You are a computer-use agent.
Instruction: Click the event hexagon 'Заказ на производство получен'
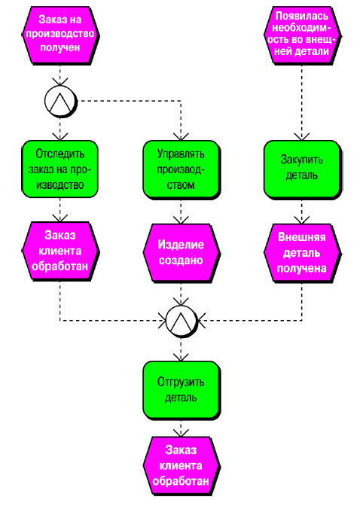(60, 35)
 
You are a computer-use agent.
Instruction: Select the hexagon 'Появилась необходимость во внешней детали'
(302, 35)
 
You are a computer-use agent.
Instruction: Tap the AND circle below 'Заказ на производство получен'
(61, 102)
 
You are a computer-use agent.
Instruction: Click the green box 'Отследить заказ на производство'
(60, 169)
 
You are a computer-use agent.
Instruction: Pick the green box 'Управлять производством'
(182, 169)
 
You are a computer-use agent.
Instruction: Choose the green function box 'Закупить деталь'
(302, 169)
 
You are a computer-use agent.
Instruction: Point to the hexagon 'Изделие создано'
(182, 252)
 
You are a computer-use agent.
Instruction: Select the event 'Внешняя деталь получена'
(302, 252)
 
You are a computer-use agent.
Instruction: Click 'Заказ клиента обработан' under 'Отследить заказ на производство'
(60, 251)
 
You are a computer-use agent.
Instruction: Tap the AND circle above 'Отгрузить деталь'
(182, 321)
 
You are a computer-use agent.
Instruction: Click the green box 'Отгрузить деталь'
(182, 390)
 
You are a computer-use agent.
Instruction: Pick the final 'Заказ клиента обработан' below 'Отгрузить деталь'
(182, 466)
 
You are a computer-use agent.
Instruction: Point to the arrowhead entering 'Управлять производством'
(182, 137)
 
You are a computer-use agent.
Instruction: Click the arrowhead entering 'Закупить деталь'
(302, 137)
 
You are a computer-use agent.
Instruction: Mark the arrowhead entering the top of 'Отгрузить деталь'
(182, 358)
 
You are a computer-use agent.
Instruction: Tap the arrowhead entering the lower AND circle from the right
(201, 321)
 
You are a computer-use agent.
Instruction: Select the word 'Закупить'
(301, 160)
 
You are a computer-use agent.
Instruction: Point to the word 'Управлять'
(181, 154)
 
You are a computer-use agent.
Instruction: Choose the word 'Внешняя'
(302, 237)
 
